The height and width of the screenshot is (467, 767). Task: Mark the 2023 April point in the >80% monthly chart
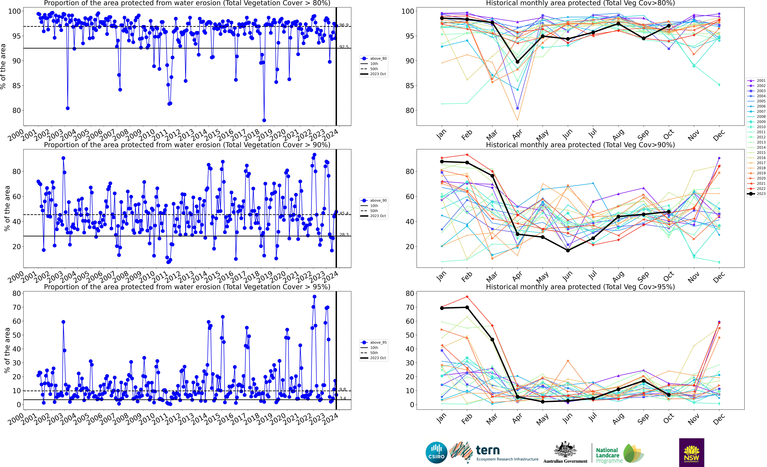(517, 62)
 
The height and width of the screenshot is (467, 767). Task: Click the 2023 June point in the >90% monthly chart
(568, 250)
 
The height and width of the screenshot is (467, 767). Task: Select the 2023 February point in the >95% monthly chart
(467, 307)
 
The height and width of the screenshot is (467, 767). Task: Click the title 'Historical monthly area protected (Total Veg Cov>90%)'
(580, 145)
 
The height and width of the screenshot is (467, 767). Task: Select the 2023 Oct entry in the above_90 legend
(378, 216)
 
